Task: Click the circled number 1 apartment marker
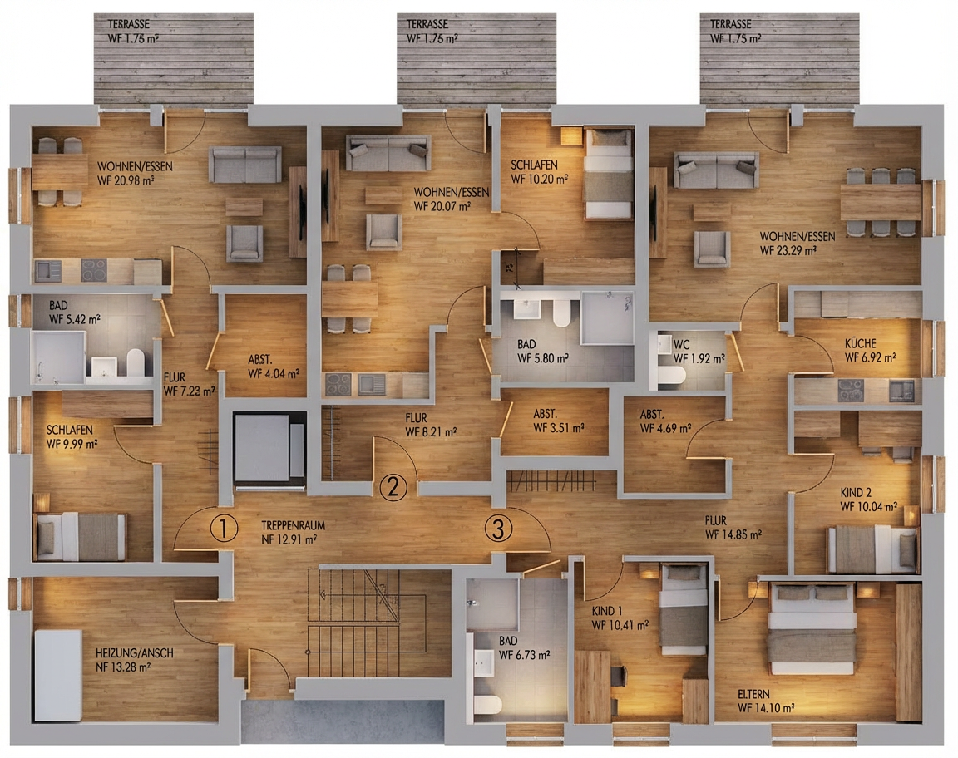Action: [x=224, y=529]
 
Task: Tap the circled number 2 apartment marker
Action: [x=393, y=487]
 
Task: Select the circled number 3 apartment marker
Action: [x=499, y=529]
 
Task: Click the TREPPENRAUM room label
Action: [x=294, y=525]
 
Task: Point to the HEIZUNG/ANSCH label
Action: [x=135, y=653]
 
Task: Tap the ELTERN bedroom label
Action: [x=753, y=694]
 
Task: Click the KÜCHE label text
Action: [x=860, y=343]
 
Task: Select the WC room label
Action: [x=681, y=344]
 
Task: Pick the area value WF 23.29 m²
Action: [x=788, y=250]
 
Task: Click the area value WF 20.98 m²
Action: [x=126, y=180]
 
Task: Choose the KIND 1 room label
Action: [x=607, y=611]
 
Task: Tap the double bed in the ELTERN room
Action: [x=812, y=628]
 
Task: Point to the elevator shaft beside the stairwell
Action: [x=269, y=450]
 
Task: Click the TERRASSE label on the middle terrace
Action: [x=427, y=24]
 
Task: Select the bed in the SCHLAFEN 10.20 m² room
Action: [x=608, y=174]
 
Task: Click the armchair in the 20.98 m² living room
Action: [x=244, y=243]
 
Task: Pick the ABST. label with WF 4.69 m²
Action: [x=652, y=414]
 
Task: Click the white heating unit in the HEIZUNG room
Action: [x=58, y=676]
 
